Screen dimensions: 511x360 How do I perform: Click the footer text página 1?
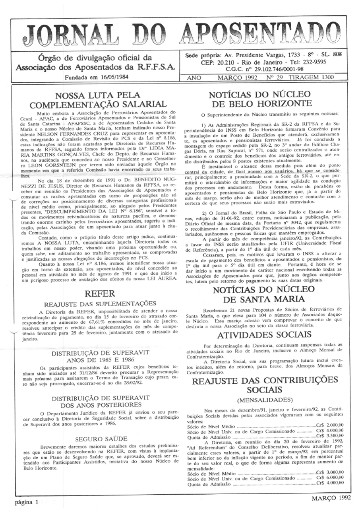click(27, 502)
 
